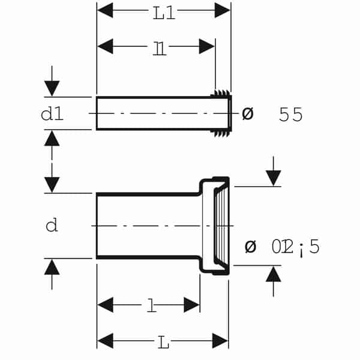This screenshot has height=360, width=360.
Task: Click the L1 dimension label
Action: click(x=163, y=13)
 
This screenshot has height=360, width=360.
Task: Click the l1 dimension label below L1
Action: click(x=159, y=48)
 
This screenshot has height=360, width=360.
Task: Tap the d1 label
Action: click(x=52, y=113)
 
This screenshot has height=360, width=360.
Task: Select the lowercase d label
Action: click(x=52, y=226)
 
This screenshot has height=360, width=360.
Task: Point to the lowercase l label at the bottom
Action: click(x=152, y=307)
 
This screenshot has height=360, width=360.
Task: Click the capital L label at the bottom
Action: click(x=163, y=343)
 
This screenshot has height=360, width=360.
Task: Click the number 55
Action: click(x=291, y=115)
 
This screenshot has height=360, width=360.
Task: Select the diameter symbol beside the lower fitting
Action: click(x=250, y=246)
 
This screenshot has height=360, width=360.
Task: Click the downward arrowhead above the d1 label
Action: click(x=52, y=88)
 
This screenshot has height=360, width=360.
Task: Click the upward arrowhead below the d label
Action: click(x=52, y=266)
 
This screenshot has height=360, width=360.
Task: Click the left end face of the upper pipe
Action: click(x=97, y=113)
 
